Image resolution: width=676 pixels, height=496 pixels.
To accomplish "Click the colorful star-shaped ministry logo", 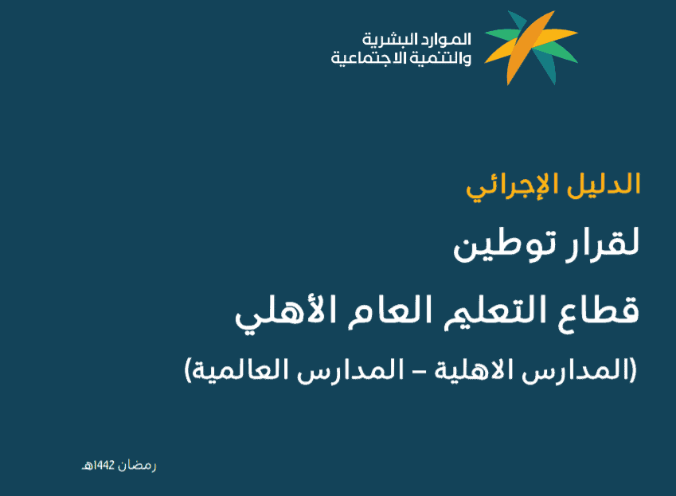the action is click(x=531, y=48).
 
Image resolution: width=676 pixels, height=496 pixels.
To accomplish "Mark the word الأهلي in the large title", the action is click(x=285, y=313).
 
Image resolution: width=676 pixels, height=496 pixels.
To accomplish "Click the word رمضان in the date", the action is click(x=137, y=466).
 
